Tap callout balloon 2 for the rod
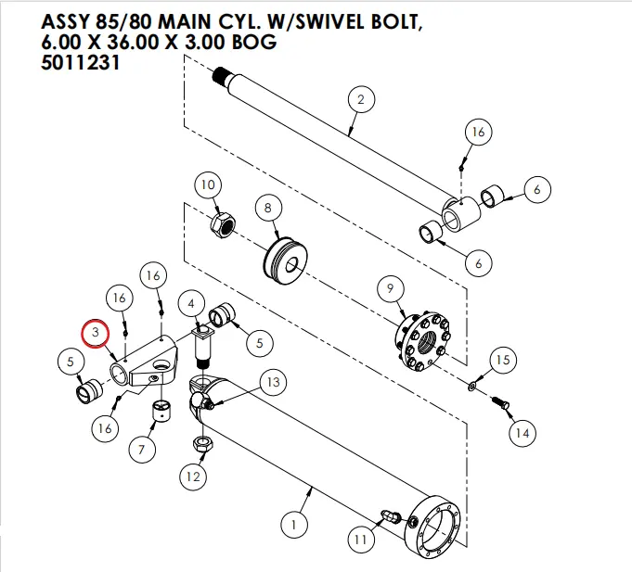pos(360,99)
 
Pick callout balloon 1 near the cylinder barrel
pos(293,526)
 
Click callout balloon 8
pos(268,209)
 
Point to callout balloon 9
pos(391,289)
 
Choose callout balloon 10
pos(208,185)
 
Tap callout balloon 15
pos(501,360)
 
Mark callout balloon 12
pos(192,478)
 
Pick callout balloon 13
pos(272,382)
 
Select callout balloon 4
pos(191,303)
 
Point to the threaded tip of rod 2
pos(220,73)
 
